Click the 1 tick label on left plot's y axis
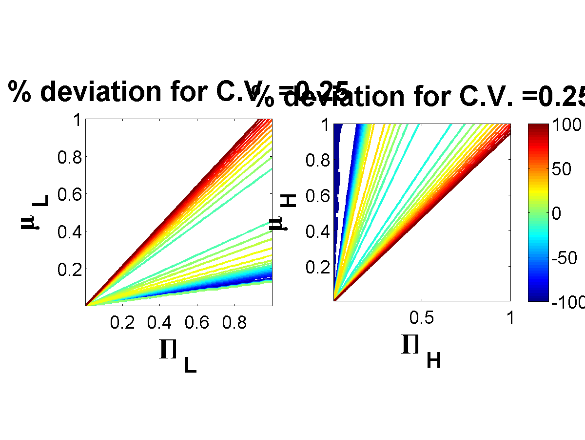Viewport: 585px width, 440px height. (x=77, y=120)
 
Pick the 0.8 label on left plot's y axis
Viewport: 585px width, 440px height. (x=69, y=157)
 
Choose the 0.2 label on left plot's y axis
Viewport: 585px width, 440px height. (x=69, y=269)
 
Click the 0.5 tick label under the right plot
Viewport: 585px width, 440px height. (x=422, y=318)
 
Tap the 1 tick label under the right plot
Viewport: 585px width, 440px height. (x=510, y=318)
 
